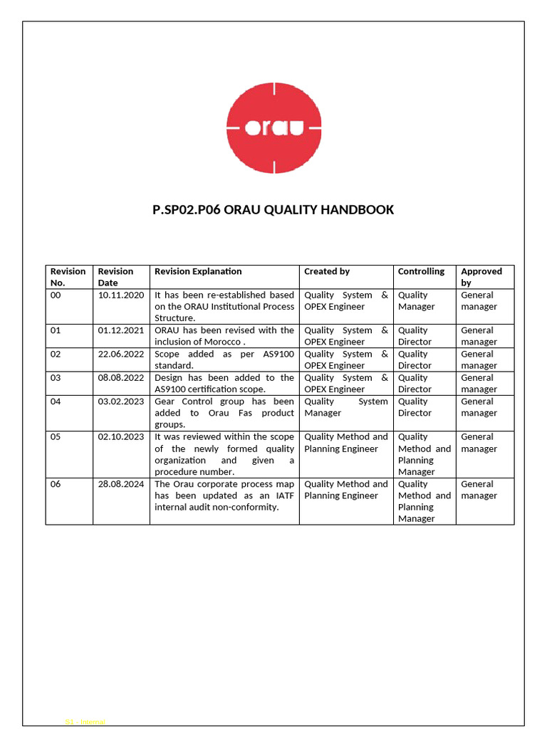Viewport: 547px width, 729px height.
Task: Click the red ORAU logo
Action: coord(273,127)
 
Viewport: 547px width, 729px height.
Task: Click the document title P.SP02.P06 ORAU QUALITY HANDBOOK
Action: coord(273,209)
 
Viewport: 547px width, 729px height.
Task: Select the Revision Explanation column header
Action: coord(198,271)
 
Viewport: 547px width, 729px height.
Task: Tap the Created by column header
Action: coord(327,271)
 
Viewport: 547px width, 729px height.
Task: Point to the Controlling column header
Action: coord(421,271)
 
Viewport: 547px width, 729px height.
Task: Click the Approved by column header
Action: coord(481,277)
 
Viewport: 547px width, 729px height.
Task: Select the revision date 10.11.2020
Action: coord(121,295)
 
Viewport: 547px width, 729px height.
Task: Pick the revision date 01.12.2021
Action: coord(121,330)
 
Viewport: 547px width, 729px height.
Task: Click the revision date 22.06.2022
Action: coord(121,354)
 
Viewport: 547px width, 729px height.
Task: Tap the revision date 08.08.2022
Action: coord(121,378)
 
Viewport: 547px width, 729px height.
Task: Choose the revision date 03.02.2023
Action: coord(121,402)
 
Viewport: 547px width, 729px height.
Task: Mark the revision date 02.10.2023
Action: coord(121,437)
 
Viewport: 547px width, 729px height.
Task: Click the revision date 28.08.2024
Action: coord(121,484)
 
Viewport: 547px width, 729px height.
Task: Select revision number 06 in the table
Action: coord(56,484)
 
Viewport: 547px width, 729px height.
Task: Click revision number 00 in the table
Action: coord(56,295)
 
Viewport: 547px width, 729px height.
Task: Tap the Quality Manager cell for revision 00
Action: coord(417,300)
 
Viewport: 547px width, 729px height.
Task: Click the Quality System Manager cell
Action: coord(346,407)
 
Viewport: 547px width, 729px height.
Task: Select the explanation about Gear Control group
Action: coord(224,413)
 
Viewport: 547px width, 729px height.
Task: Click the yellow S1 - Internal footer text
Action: coord(85,722)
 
